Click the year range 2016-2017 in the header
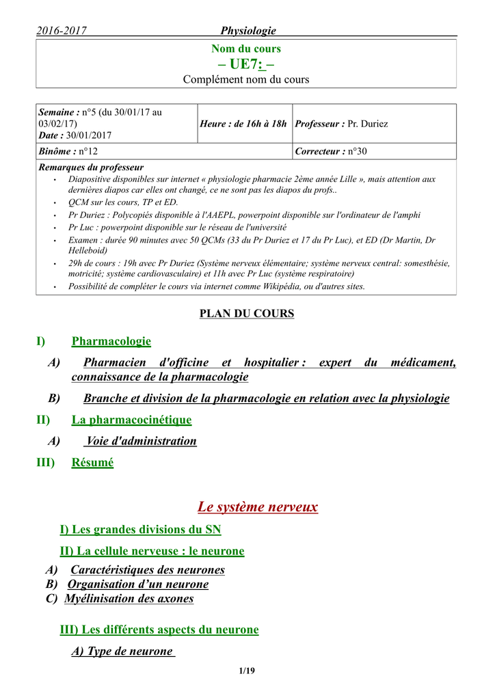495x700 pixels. tap(62, 30)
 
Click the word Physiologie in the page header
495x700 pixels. tap(248, 30)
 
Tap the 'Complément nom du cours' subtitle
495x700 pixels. tap(246, 80)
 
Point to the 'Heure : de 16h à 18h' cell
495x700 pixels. tap(243, 124)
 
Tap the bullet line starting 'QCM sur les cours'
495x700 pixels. tap(122, 203)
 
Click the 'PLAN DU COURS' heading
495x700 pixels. tap(246, 314)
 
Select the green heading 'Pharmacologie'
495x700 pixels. tap(111, 341)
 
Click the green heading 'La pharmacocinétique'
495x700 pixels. tap(131, 420)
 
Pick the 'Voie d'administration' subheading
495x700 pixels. tap(142, 441)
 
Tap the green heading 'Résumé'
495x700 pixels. tap(92, 463)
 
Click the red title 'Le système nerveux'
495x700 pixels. tap(258, 507)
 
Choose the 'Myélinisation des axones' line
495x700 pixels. tap(129, 599)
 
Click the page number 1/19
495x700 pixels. tap(247, 671)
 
